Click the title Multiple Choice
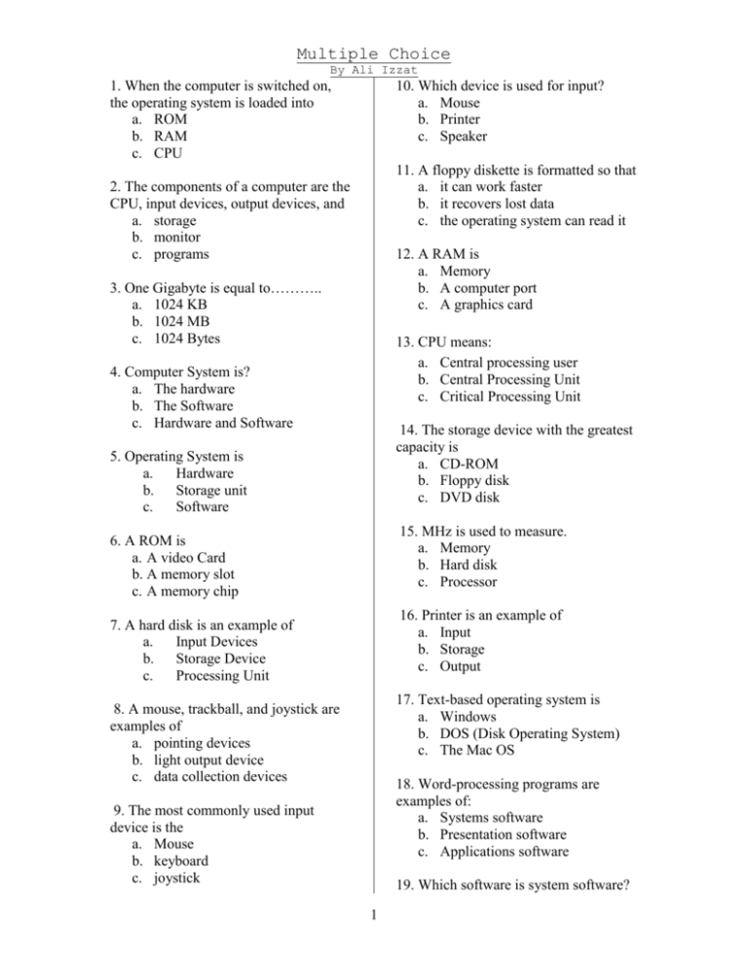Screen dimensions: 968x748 (x=374, y=54)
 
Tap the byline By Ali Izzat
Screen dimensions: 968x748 (x=375, y=71)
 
